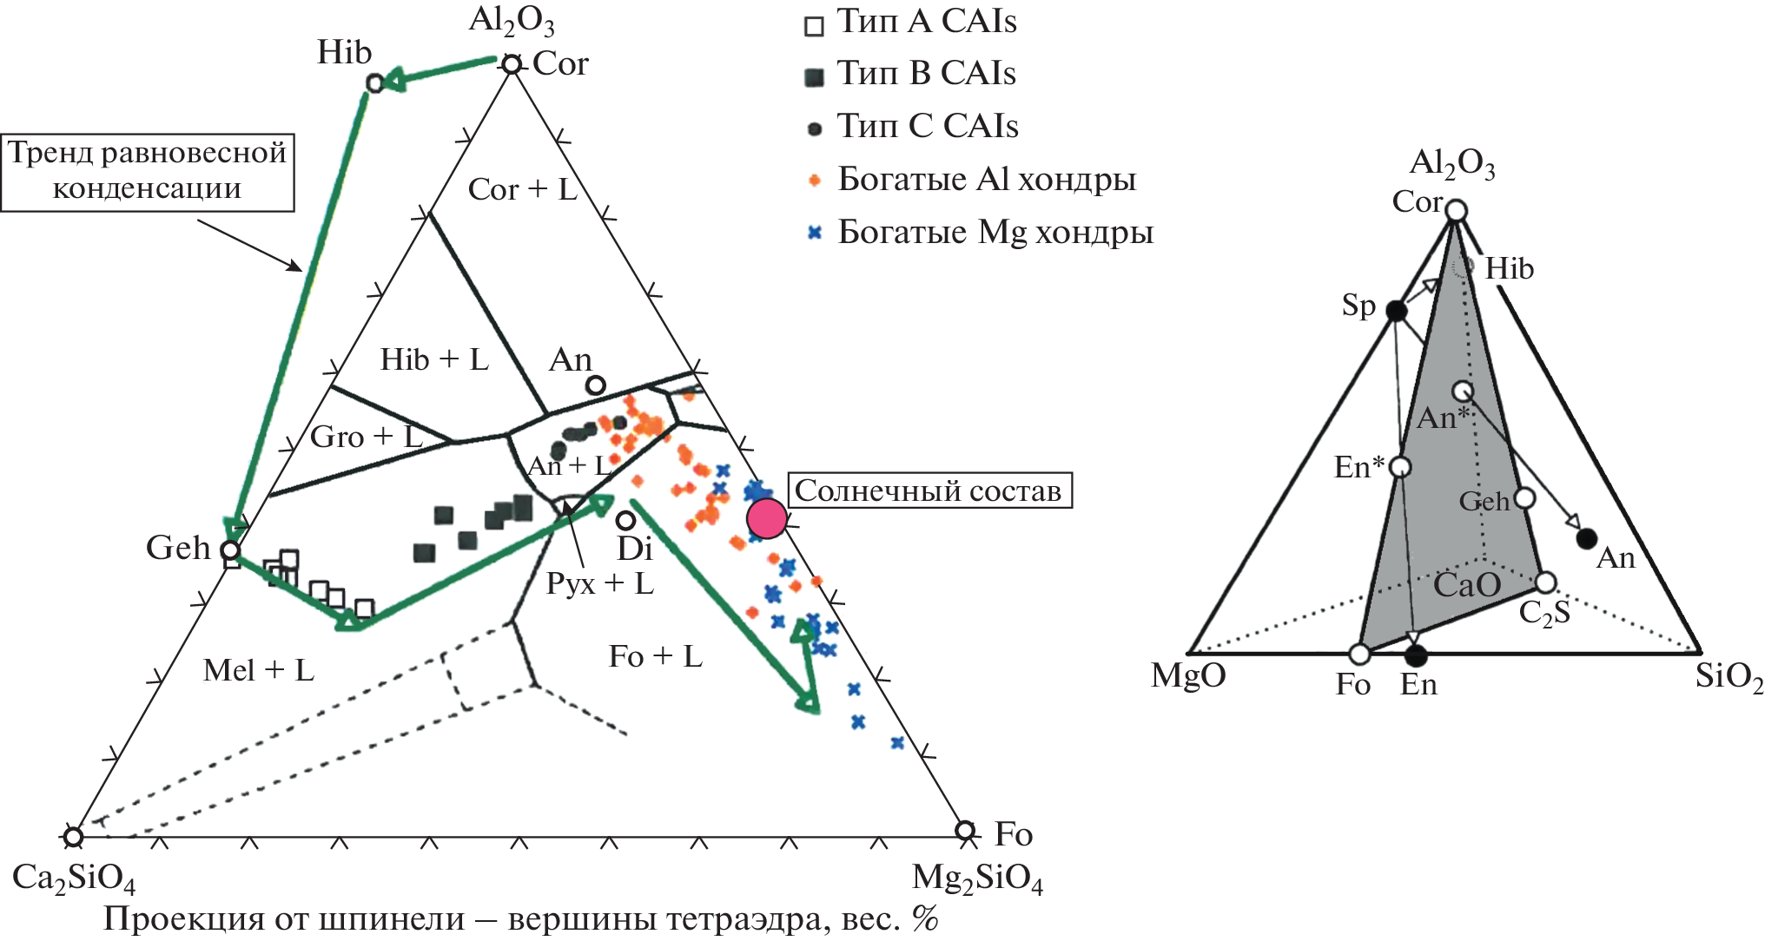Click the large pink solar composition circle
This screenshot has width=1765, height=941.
pyautogui.click(x=767, y=518)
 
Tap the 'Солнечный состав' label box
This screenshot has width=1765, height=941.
pyautogui.click(x=929, y=490)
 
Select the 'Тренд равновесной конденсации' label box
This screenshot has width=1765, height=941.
pyautogui.click(x=148, y=172)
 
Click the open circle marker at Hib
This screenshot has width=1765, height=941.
pyautogui.click(x=374, y=83)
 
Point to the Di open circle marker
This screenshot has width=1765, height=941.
pyautogui.click(x=625, y=520)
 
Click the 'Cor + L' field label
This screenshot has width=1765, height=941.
pyautogui.click(x=522, y=189)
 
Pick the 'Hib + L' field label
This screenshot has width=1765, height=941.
pyautogui.click(x=434, y=359)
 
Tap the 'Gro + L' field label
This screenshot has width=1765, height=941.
pyautogui.click(x=366, y=437)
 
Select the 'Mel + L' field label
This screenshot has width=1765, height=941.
pyautogui.click(x=258, y=670)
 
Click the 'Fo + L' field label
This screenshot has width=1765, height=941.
pyautogui.click(x=655, y=656)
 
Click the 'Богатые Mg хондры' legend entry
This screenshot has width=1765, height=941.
pyautogui.click(x=980, y=233)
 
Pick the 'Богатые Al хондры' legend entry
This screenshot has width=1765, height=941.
pyautogui.click(x=971, y=180)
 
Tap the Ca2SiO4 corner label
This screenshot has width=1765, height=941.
pyautogui.click(x=74, y=879)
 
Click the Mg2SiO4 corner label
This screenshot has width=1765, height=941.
pyautogui.click(x=977, y=879)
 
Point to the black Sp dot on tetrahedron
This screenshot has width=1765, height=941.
pyautogui.click(x=1396, y=310)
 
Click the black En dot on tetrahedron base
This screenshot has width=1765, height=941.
pyautogui.click(x=1416, y=655)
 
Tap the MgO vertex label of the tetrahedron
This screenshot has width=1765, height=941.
pyautogui.click(x=1187, y=675)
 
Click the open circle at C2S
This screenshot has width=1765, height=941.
pyautogui.click(x=1545, y=582)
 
